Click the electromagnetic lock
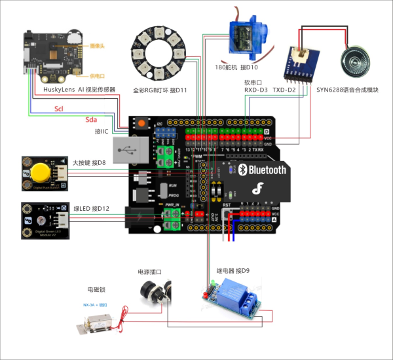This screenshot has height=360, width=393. tap(98, 321)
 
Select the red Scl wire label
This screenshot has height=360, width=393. tap(59, 109)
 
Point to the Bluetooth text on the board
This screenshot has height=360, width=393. tap(265, 170)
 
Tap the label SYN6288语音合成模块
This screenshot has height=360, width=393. tap(347, 90)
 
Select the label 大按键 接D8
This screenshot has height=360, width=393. tap(89, 162)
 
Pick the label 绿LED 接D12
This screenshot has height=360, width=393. tap(91, 209)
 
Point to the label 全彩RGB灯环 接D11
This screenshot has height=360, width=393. tap(160, 90)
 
